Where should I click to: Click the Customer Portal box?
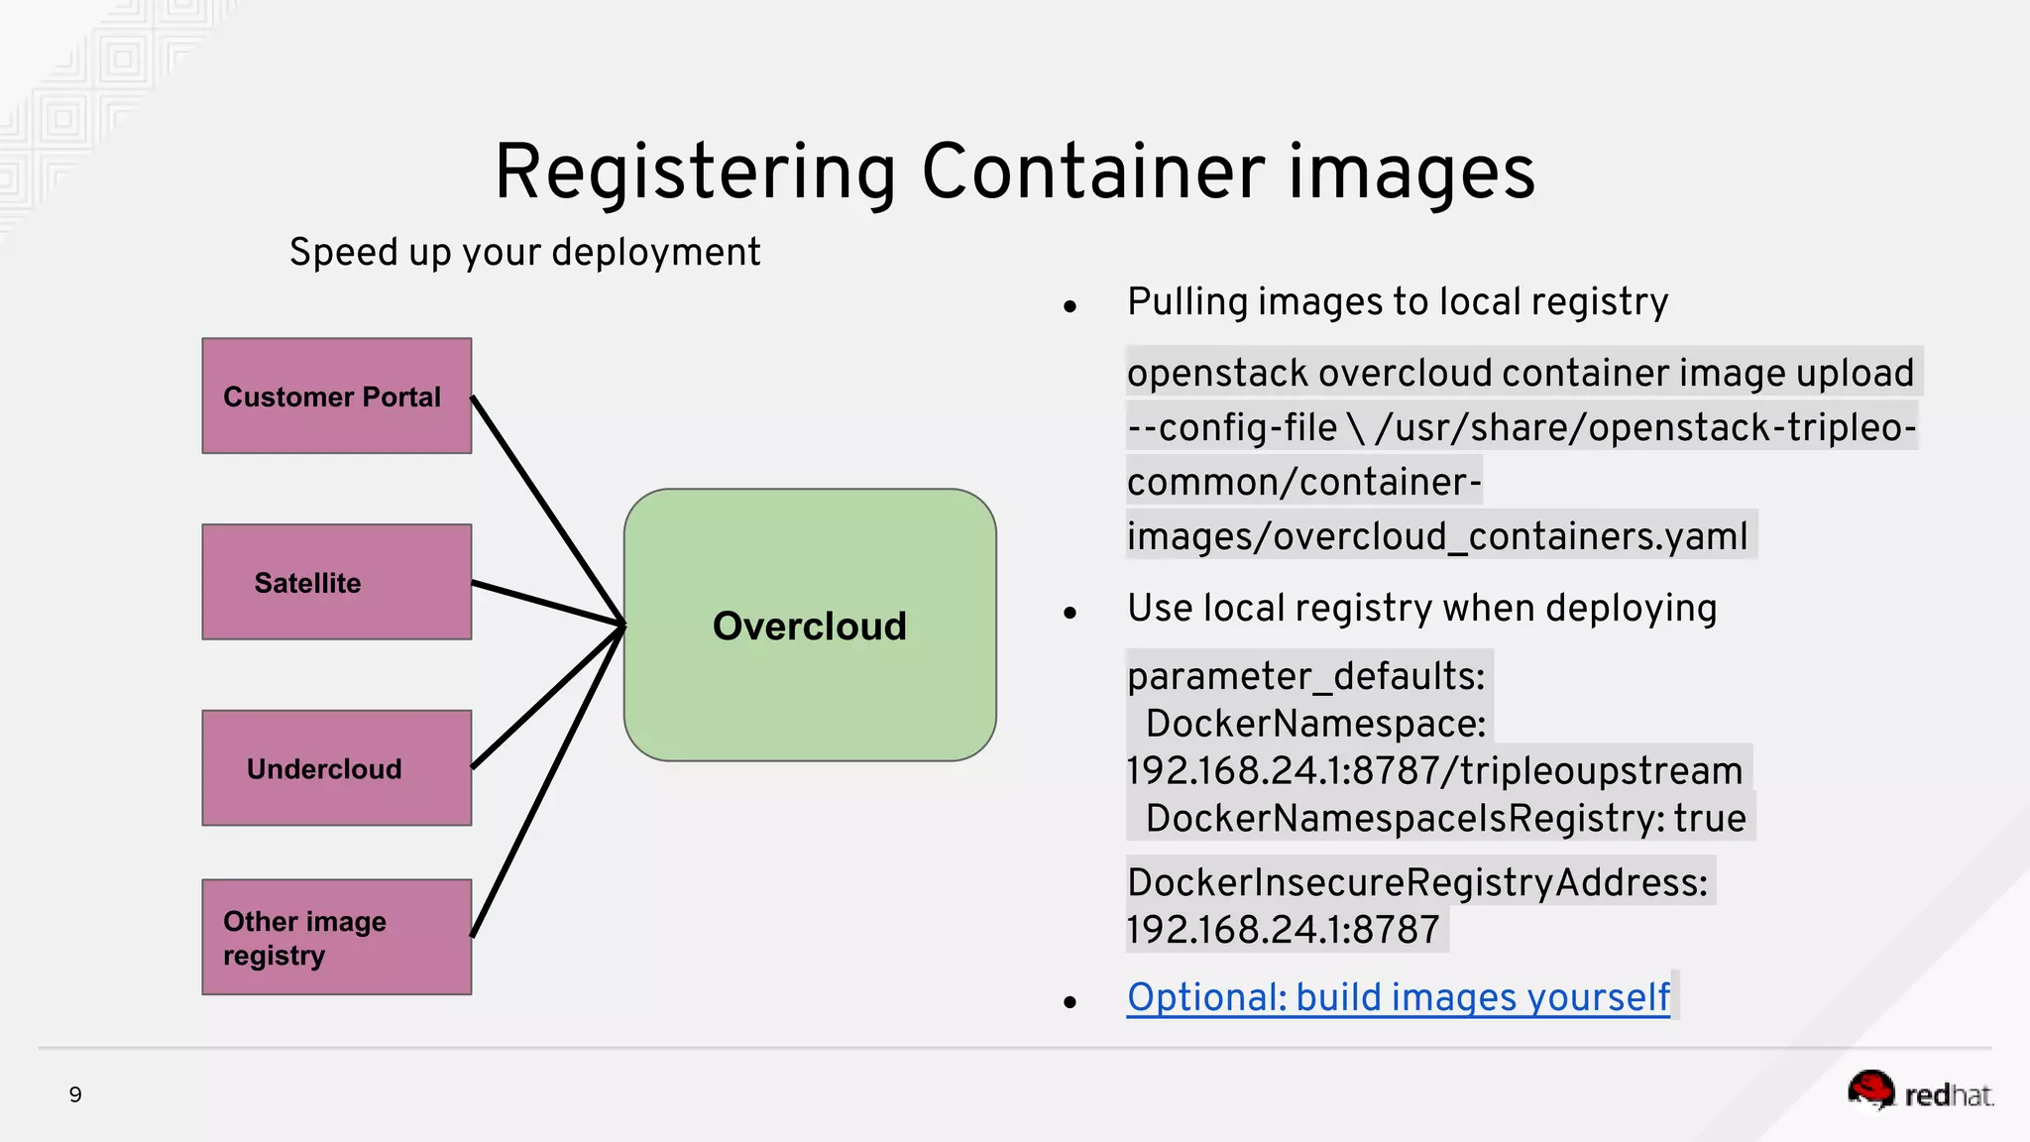click(336, 396)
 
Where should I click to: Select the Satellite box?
click(336, 582)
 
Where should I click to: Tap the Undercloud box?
click(336, 768)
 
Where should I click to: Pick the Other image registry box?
click(336, 937)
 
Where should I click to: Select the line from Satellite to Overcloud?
click(546, 603)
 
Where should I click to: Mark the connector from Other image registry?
click(546, 783)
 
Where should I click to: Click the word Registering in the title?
click(695, 172)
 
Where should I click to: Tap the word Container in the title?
click(1093, 172)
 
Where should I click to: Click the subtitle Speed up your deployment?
click(524, 253)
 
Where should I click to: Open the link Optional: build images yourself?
click(1398, 997)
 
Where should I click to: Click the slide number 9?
click(75, 1094)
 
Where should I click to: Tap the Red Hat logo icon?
click(1870, 1090)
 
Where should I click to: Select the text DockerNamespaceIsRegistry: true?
click(1445, 819)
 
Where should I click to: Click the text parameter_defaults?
click(1305, 676)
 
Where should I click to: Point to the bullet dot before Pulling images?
click(1070, 307)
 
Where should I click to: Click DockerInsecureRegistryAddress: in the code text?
click(1417, 882)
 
